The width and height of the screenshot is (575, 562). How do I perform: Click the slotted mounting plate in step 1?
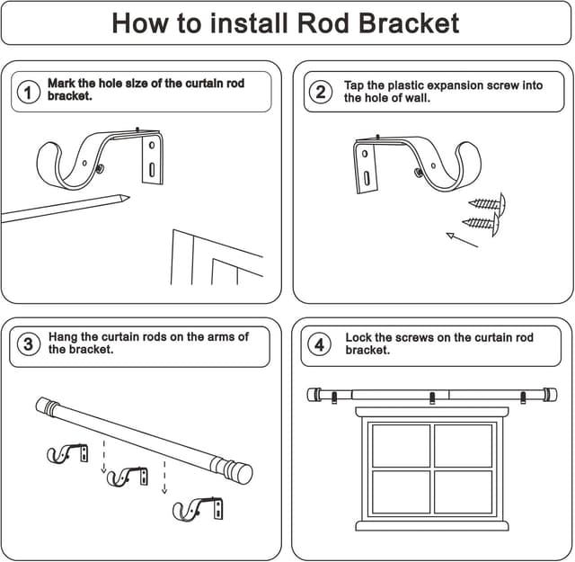tap(153, 159)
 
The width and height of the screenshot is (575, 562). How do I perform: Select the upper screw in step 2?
tap(487, 203)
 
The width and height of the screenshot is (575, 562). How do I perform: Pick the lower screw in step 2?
tap(482, 222)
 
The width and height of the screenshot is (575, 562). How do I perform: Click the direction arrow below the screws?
tap(462, 240)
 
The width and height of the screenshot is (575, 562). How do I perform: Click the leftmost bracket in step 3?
tap(67, 453)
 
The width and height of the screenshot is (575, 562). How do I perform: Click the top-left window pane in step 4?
tap(401, 446)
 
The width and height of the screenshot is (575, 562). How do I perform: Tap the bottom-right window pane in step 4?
tap(463, 492)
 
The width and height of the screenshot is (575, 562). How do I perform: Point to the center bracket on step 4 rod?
tap(432, 397)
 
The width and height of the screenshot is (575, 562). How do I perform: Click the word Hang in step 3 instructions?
tap(64, 337)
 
